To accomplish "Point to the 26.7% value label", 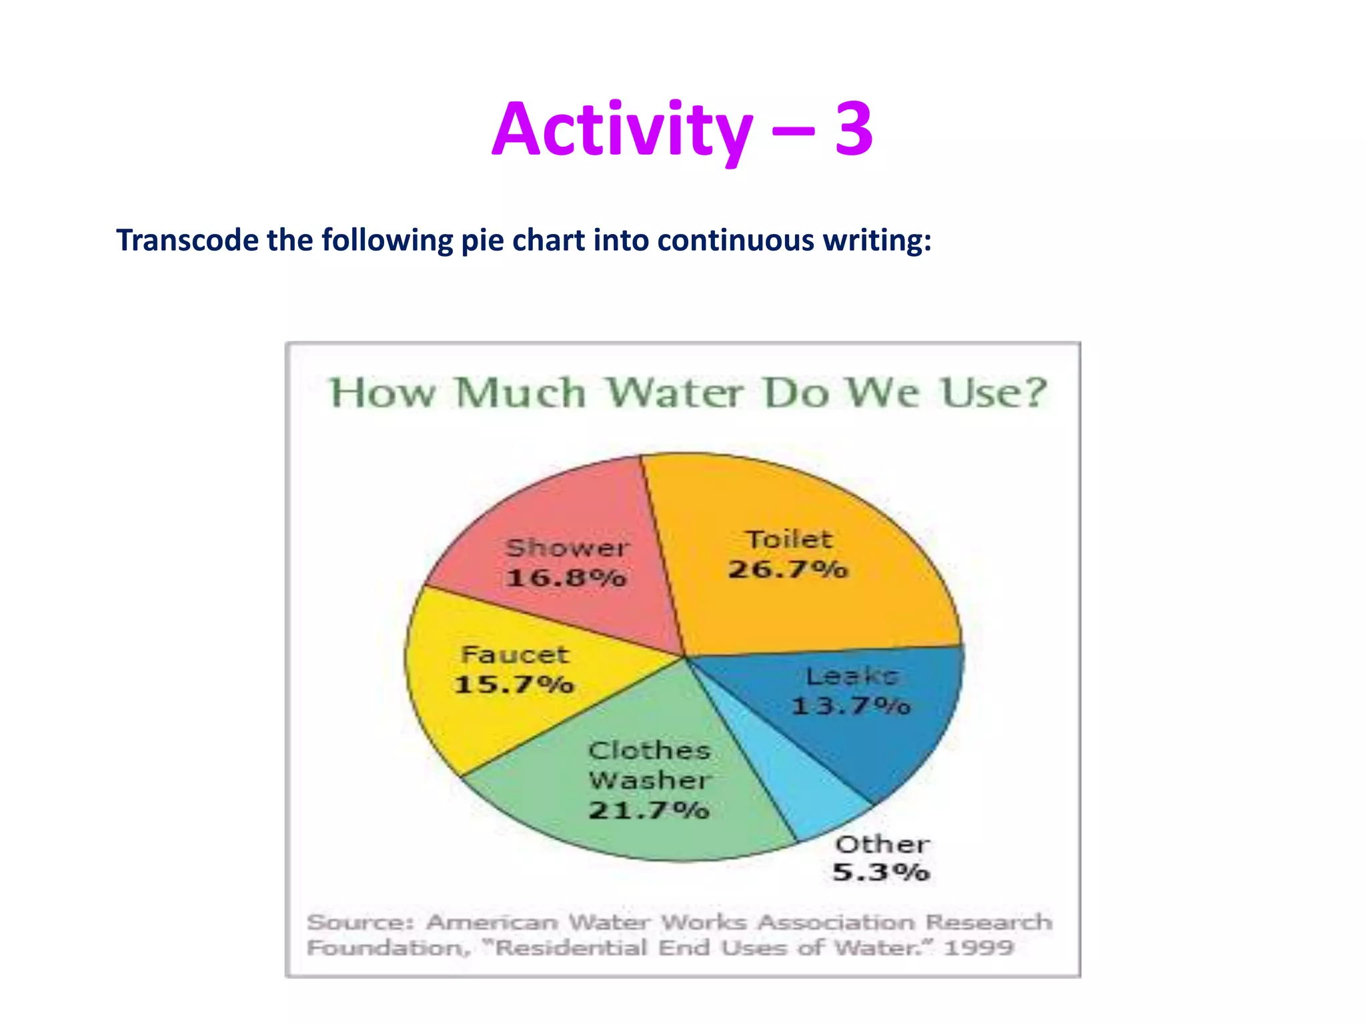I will (x=788, y=569).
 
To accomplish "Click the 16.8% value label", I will (x=566, y=577).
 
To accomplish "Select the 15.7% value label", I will (x=514, y=685).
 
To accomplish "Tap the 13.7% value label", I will (x=851, y=705).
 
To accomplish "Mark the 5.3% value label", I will (x=880, y=872).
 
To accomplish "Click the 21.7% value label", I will (x=648, y=811).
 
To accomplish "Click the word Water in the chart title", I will (x=674, y=393).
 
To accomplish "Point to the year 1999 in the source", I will (x=978, y=947).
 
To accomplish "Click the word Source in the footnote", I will (x=360, y=923).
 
